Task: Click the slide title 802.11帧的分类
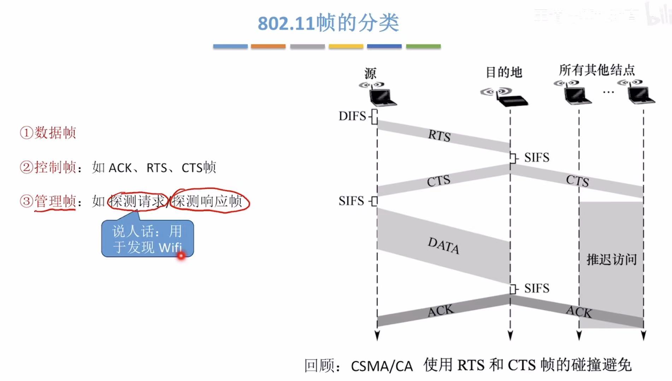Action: [x=328, y=23]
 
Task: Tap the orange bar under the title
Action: [x=268, y=46]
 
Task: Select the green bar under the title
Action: [x=423, y=46]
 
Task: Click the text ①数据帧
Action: [x=48, y=133]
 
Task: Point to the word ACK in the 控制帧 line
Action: [x=120, y=168]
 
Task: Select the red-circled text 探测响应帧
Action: [x=208, y=201]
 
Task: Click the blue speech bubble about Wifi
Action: [x=147, y=239]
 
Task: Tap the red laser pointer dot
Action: [x=181, y=255]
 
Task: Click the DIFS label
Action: [x=352, y=116]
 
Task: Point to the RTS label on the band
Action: [x=440, y=136]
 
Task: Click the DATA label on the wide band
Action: [x=443, y=245]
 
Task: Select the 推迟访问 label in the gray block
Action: [x=612, y=260]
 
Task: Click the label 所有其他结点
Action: [x=597, y=70]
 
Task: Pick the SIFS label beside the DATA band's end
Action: [x=537, y=288]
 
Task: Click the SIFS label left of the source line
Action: [x=351, y=201]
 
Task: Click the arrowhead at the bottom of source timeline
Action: [x=377, y=335]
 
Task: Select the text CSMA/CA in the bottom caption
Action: [x=382, y=366]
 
